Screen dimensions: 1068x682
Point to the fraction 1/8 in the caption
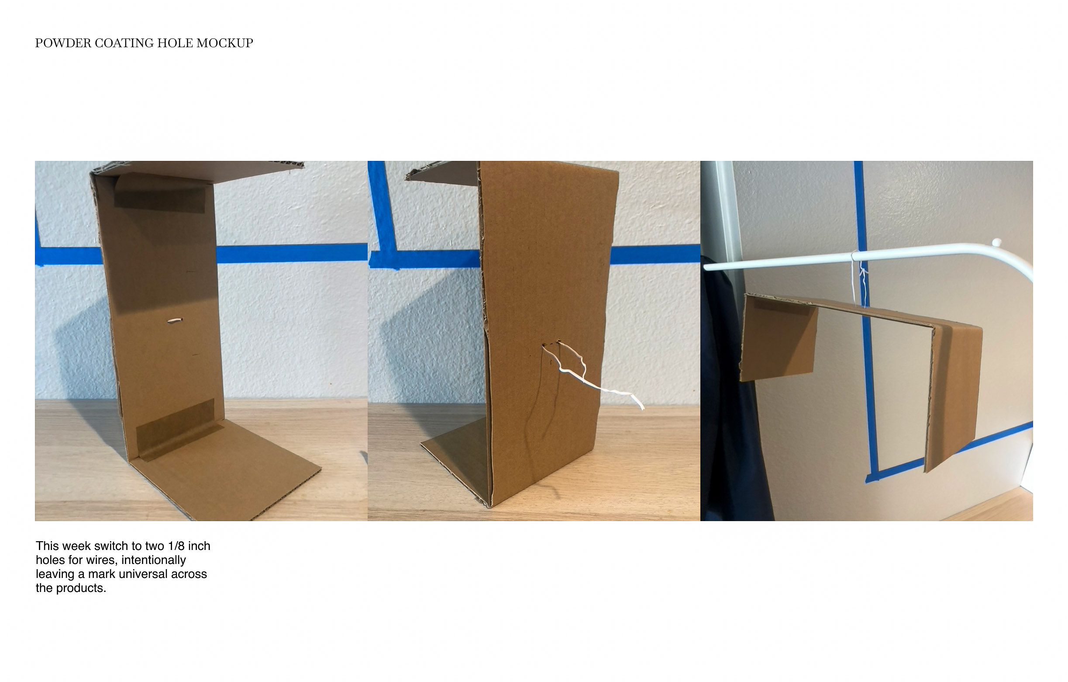176,546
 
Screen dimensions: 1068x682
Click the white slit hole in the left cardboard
175,320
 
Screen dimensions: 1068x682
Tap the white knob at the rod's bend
996,243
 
